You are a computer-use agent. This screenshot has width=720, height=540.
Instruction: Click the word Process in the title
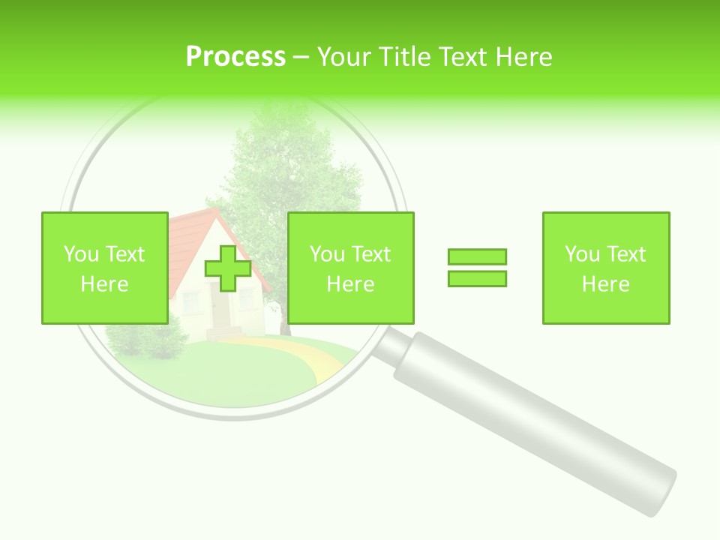tap(235, 56)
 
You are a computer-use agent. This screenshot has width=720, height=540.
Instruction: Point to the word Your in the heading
tap(346, 56)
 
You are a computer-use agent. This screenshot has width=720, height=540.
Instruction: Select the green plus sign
tap(228, 268)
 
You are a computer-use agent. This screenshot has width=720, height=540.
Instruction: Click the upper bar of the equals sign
tap(477, 256)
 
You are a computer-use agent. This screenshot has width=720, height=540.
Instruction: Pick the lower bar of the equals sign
tap(477, 278)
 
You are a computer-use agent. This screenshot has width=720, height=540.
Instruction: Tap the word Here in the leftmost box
tap(104, 284)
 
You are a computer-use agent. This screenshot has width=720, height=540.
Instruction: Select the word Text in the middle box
tap(370, 254)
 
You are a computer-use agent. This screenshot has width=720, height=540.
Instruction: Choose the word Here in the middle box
tap(350, 284)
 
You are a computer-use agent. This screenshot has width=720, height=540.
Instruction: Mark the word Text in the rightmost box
tap(625, 254)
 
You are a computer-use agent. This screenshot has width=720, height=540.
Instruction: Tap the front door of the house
tap(220, 307)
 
